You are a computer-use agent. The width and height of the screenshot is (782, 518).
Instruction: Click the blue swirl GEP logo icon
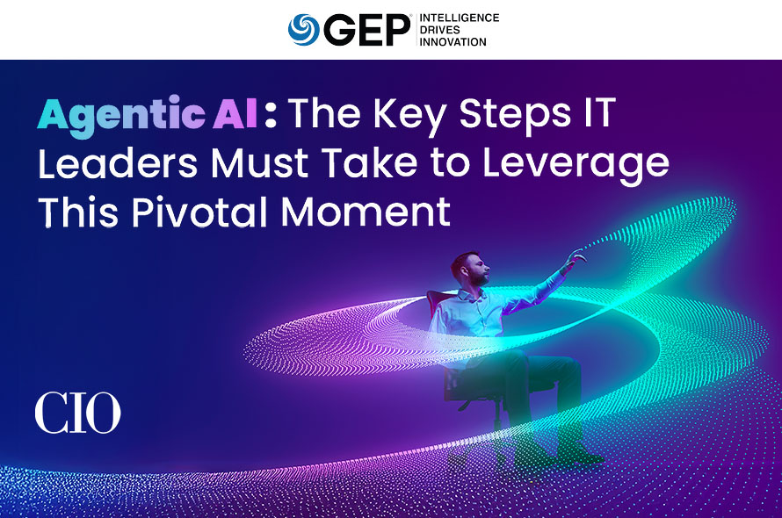click(x=304, y=29)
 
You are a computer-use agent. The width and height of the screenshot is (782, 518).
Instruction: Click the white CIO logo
click(x=78, y=413)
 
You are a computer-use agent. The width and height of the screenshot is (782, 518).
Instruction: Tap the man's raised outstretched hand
click(x=576, y=257)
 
